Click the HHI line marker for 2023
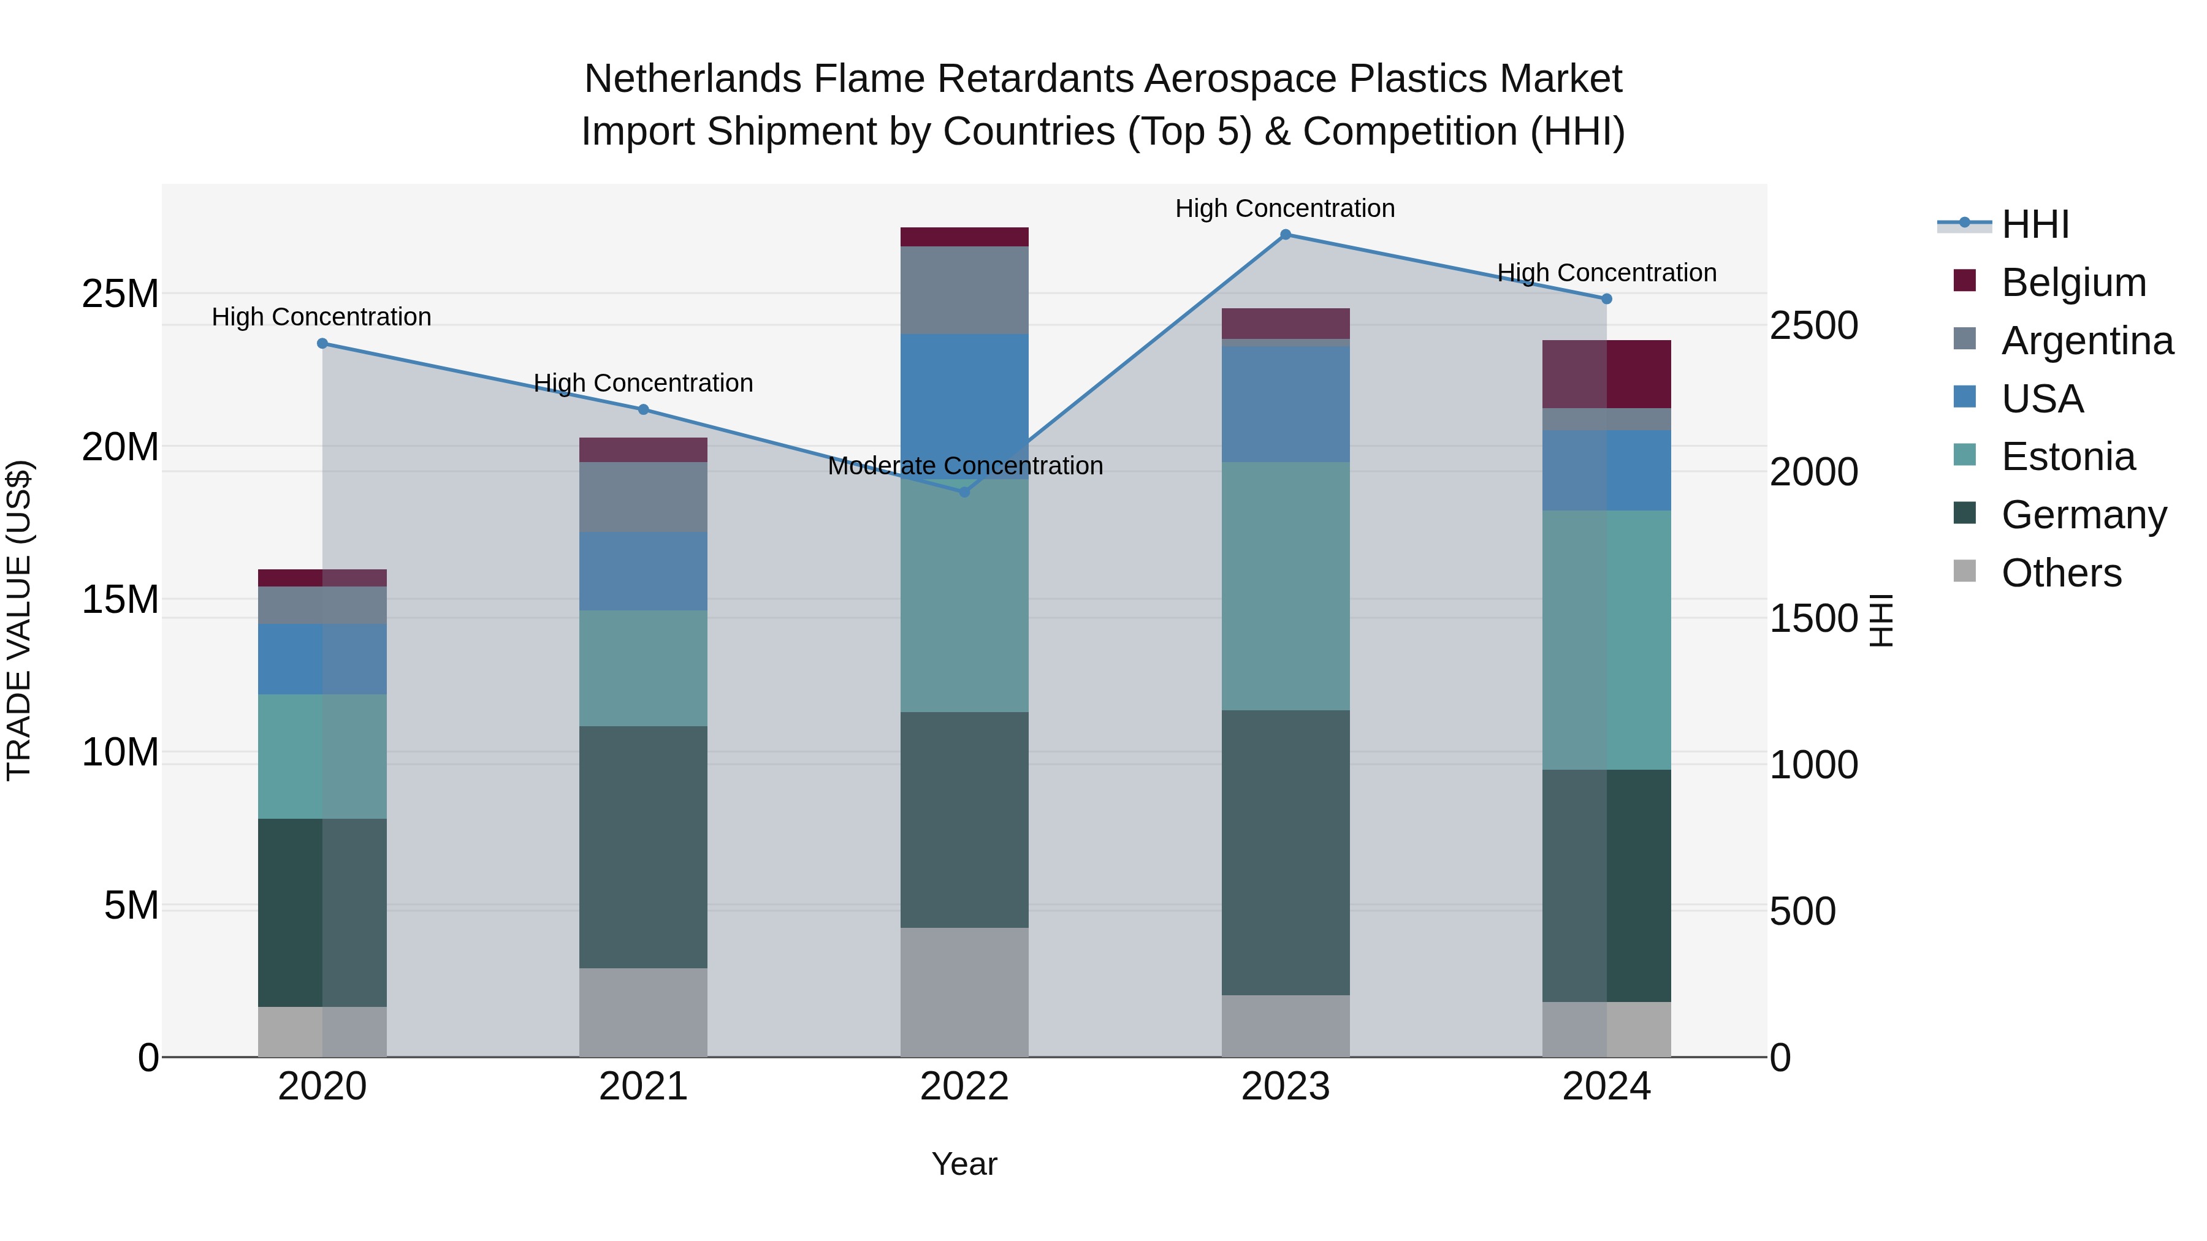[x=1285, y=235]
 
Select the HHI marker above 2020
[x=322, y=343]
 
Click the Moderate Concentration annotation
[x=965, y=466]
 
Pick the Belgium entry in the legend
[x=2073, y=283]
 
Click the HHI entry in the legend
[x=2035, y=224]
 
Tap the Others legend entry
[x=2060, y=573]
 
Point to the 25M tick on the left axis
[x=120, y=294]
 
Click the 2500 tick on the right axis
[x=1814, y=325]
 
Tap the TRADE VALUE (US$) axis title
[x=19, y=620]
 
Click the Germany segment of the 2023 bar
[x=1285, y=852]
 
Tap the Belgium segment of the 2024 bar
[x=1606, y=374]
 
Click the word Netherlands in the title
[x=693, y=79]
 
